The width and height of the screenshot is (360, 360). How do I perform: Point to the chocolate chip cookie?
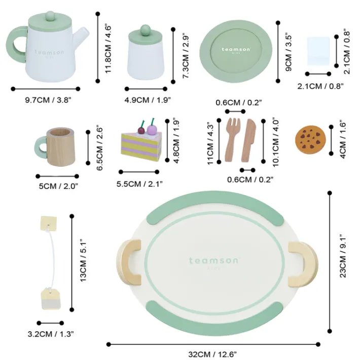click(310, 139)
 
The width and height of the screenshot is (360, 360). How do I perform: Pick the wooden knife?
click(248, 140)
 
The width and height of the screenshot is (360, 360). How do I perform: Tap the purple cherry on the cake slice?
click(152, 129)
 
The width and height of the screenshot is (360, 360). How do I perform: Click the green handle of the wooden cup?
click(41, 148)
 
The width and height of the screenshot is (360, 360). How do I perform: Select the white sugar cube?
click(318, 51)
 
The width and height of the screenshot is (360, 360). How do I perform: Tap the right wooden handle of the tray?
click(303, 265)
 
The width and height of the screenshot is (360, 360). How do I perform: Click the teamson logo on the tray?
click(213, 261)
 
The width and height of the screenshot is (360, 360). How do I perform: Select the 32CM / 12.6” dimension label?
click(212, 354)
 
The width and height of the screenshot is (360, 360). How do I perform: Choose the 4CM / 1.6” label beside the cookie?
click(343, 139)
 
